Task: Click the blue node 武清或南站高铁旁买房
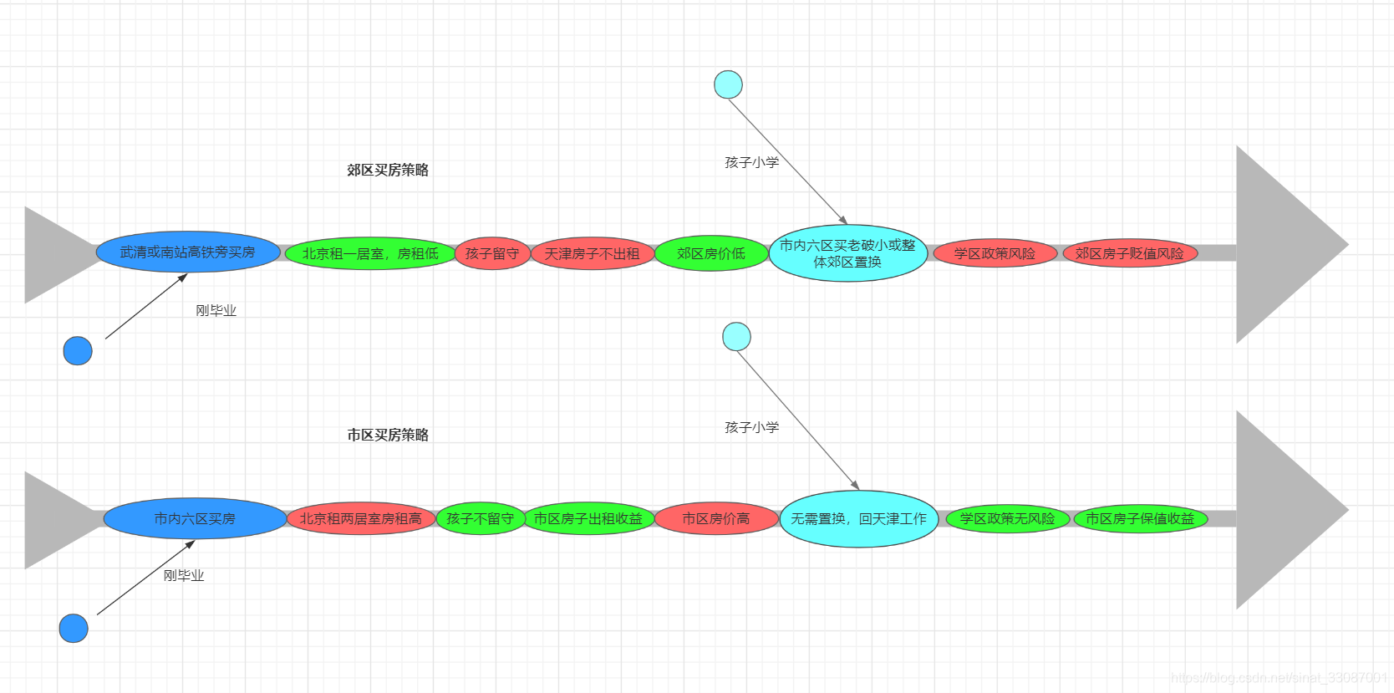(188, 252)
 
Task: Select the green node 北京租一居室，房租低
(370, 253)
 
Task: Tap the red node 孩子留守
(492, 253)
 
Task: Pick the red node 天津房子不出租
(592, 253)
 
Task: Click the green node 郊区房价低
(711, 253)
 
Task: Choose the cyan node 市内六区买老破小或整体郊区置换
(847, 253)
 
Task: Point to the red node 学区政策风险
(995, 253)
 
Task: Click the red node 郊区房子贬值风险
(1129, 253)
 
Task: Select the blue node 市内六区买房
(195, 518)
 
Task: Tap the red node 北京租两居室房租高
(360, 518)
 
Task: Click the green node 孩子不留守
(480, 518)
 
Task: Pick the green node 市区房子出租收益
(588, 518)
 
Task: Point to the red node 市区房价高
(716, 518)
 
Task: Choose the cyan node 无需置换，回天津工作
(858, 518)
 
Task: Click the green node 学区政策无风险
(1007, 518)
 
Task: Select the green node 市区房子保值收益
(1140, 518)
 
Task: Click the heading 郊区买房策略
(388, 170)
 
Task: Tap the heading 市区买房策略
(388, 435)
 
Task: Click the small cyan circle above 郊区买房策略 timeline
(728, 84)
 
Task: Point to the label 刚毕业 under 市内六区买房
(184, 575)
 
